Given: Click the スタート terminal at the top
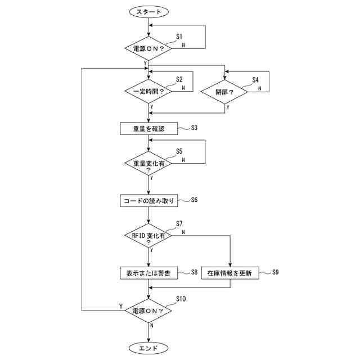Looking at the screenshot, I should coord(148,11).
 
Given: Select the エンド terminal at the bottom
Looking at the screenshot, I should coord(148,348).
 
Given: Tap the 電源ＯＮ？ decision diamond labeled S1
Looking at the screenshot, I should coord(148,48).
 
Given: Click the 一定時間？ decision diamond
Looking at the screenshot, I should coord(148,91).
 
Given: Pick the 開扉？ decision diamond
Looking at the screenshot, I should coord(224,91).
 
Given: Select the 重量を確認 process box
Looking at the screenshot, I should coord(148,128).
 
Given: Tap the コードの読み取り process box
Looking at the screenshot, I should coord(148,200).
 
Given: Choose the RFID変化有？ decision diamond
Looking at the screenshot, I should coord(148,237).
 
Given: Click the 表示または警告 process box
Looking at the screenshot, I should coord(148,273).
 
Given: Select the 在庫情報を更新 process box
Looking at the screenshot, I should coord(229,273).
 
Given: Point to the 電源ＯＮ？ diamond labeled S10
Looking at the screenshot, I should coord(148,310).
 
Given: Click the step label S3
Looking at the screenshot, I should coord(193,128).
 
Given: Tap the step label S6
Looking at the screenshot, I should coord(195,200).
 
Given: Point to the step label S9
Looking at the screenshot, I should coord(276,272).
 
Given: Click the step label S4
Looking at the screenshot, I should coord(255,79).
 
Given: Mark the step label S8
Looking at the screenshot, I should coord(193,272).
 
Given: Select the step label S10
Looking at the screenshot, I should coord(181,298).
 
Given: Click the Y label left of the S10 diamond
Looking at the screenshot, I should coord(121,305).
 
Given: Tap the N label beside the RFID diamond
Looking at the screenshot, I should coord(183,231).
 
